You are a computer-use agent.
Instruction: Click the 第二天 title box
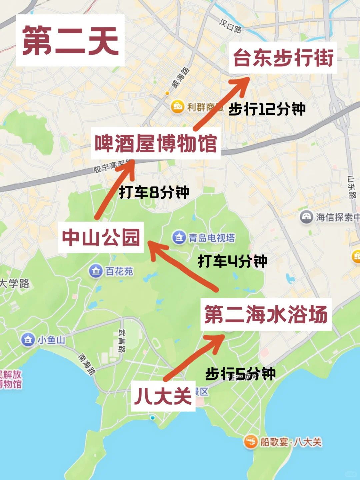tap(70, 40)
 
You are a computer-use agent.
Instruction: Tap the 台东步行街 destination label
tap(283, 58)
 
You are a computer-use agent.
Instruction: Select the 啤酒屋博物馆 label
tap(156, 143)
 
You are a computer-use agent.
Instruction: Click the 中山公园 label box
tap(101, 237)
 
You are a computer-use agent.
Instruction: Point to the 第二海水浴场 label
tap(266, 314)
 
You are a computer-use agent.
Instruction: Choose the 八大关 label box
tap(163, 396)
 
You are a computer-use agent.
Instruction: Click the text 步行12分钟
tap(267, 109)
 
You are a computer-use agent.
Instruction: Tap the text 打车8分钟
tap(154, 192)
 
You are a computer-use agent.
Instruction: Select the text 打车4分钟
tap(233, 261)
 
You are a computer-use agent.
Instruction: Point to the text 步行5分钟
tap(240, 374)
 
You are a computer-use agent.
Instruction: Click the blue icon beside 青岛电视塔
tap(179, 237)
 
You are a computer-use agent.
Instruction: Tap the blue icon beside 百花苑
tap(96, 271)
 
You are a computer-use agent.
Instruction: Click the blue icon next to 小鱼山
tap(28, 340)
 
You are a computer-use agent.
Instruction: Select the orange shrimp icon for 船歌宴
tap(250, 442)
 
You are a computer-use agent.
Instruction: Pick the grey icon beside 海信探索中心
tap(306, 217)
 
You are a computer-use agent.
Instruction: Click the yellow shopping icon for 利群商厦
tap(178, 107)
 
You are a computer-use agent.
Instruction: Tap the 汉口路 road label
tap(230, 26)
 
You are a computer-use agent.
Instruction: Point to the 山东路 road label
tap(352, 187)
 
